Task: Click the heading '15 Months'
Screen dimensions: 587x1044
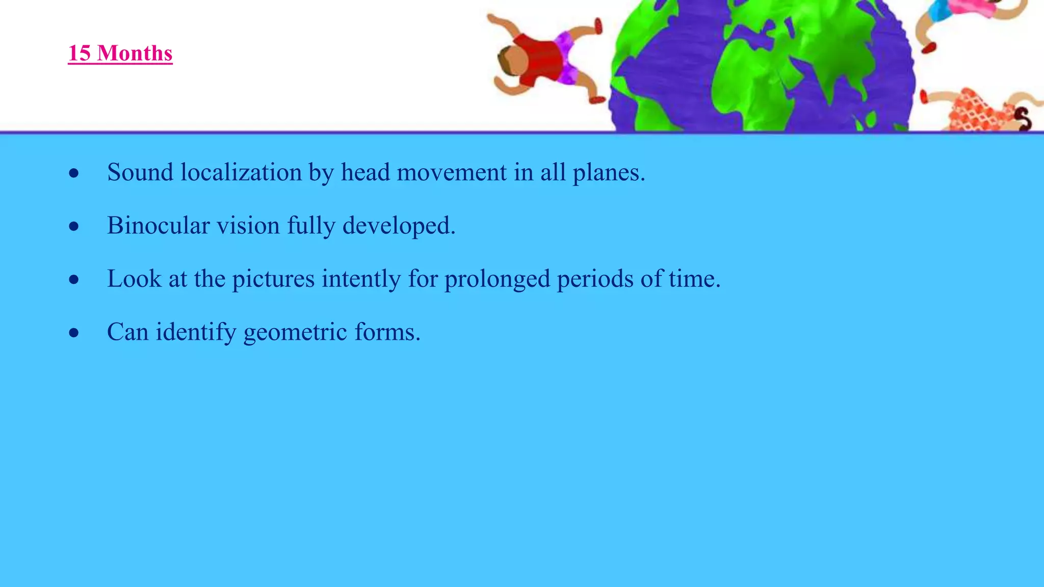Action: coord(120,54)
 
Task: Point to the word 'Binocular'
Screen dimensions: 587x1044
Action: coord(158,225)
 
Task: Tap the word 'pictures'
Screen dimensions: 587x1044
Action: coord(273,279)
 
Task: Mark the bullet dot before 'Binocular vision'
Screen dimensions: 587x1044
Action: coord(74,226)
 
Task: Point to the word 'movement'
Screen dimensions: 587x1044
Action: coord(451,172)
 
